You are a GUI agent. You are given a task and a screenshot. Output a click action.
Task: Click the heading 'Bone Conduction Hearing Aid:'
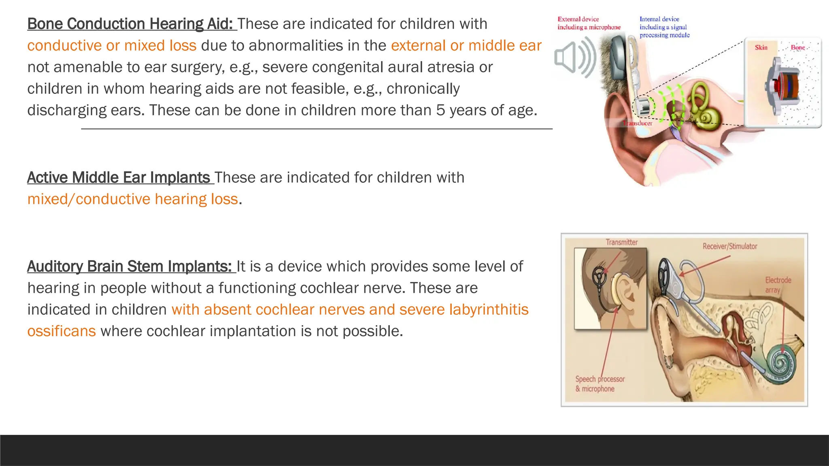[130, 24]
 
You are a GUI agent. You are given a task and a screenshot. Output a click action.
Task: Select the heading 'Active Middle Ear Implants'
[119, 178]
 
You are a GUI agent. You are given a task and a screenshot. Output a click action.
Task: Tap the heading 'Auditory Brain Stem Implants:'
[130, 267]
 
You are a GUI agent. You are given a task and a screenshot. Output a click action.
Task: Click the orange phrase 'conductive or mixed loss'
[112, 46]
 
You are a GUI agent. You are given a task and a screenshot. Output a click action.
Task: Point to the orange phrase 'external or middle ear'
[466, 46]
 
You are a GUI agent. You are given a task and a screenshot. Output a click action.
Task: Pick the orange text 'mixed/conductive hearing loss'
[133, 199]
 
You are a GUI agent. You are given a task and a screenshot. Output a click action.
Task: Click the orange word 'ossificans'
[62, 331]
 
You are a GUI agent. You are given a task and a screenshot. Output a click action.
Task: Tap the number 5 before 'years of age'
[440, 110]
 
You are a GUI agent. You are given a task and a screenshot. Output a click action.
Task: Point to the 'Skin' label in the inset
[761, 48]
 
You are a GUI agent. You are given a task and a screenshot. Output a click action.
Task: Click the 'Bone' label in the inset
[798, 48]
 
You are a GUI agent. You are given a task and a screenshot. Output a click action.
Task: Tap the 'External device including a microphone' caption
[589, 23]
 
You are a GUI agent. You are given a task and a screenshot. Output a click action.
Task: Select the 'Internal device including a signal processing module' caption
[664, 27]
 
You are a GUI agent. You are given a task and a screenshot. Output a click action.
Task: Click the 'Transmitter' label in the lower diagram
[621, 242]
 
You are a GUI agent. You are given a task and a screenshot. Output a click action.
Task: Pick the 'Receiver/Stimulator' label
[729, 246]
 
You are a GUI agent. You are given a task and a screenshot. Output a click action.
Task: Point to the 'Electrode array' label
[778, 285]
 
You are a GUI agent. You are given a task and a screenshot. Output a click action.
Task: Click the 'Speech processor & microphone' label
[600, 384]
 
